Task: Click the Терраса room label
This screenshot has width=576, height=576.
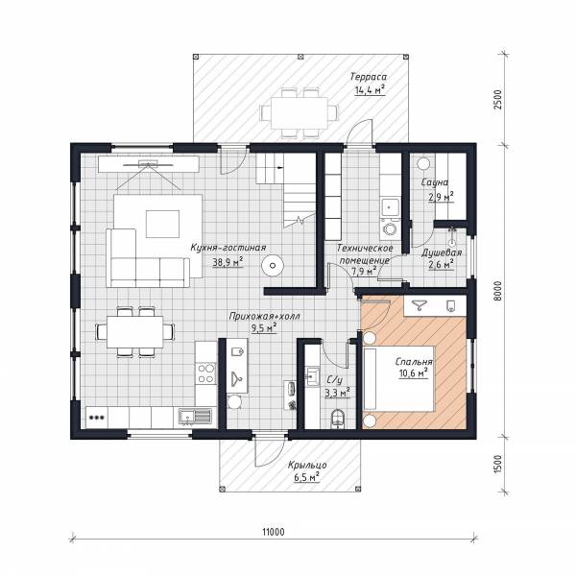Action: [368, 77]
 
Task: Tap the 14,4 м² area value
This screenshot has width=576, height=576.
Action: [370, 89]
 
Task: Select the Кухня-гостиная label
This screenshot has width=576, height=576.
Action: [228, 248]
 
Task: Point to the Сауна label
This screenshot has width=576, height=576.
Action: [435, 182]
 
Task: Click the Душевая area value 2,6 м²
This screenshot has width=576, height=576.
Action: [441, 264]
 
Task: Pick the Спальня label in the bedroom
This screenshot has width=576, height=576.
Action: [414, 362]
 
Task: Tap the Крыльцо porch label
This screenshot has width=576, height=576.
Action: [307, 465]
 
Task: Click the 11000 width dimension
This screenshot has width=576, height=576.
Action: [274, 532]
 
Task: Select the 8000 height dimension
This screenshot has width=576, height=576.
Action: [497, 291]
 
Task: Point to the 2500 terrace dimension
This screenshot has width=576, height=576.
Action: [497, 99]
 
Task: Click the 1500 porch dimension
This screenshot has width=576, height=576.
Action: [497, 465]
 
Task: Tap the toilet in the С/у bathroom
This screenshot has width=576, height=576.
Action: [338, 419]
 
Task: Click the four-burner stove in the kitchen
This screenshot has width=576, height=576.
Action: [205, 373]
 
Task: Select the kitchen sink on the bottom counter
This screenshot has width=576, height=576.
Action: [195, 417]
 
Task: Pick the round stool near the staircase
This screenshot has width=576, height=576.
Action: [273, 265]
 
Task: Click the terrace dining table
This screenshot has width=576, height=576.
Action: [299, 112]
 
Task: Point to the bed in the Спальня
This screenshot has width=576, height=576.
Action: [399, 378]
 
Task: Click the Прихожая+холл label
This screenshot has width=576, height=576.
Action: [265, 316]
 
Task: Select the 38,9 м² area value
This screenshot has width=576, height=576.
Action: [228, 262]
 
